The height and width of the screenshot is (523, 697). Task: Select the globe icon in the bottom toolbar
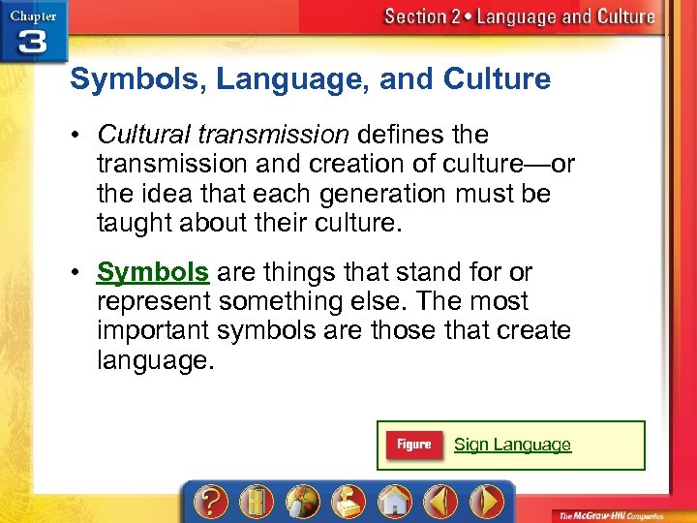click(x=302, y=503)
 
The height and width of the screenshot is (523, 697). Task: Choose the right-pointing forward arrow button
click(x=486, y=503)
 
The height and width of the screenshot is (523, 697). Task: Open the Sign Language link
click(x=512, y=445)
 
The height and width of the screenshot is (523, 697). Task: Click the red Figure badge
click(x=413, y=445)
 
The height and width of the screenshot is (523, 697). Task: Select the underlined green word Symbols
click(x=152, y=272)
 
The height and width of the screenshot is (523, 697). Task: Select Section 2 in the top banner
click(x=426, y=16)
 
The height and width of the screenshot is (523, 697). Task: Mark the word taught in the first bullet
click(x=130, y=223)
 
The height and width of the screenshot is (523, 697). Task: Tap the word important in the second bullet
click(x=152, y=331)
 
